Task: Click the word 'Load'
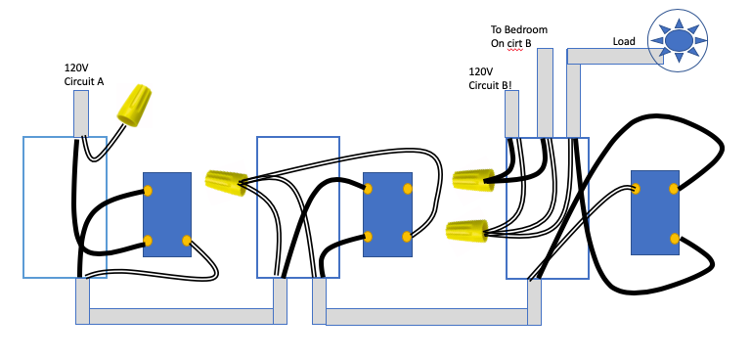624,41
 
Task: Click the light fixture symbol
677,40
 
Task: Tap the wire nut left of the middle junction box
225,183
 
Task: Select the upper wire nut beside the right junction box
473,179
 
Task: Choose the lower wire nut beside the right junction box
466,231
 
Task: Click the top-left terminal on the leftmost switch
149,190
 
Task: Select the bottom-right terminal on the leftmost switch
186,240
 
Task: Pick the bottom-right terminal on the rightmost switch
674,238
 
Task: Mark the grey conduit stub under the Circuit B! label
511,113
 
